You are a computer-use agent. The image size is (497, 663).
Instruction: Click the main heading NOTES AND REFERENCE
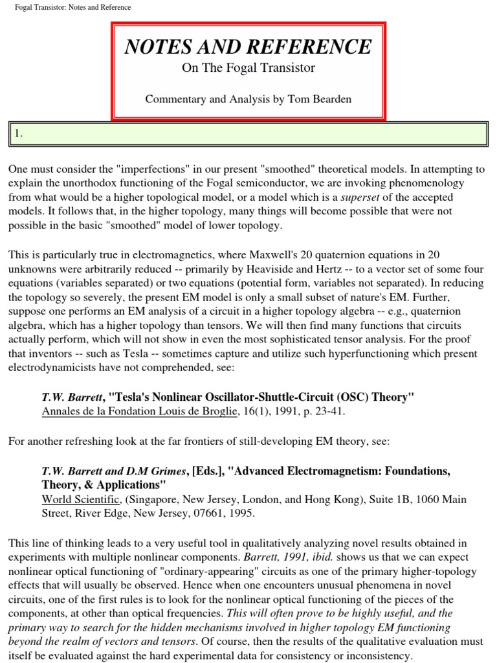[x=248, y=47]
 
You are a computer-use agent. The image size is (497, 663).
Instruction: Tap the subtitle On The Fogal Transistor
[x=248, y=68]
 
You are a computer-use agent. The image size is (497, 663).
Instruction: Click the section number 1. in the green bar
[x=19, y=133]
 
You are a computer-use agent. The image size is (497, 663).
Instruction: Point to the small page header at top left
[x=72, y=7]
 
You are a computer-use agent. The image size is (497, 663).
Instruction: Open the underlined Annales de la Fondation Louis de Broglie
[x=139, y=411]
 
